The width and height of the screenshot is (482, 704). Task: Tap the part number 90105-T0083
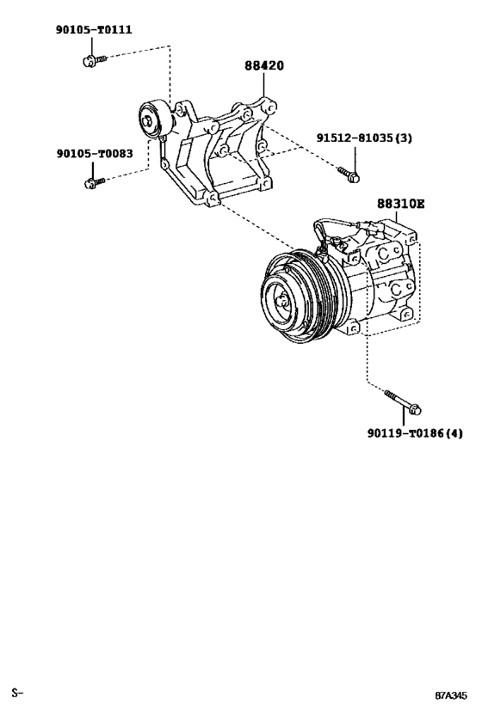click(94, 154)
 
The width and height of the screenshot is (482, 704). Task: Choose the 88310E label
click(400, 204)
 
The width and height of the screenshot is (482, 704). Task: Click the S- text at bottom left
click(16, 692)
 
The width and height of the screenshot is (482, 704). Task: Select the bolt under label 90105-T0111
click(93, 59)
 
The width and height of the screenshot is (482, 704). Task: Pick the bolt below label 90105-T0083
click(93, 181)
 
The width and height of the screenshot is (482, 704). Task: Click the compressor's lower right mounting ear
click(406, 316)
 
